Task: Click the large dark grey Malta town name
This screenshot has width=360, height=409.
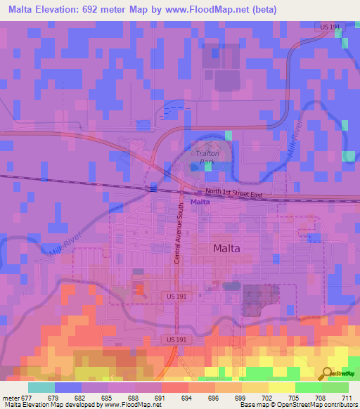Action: coord(227,248)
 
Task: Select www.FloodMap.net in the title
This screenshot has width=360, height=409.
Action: coord(198,10)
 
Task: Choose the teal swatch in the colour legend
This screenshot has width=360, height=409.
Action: coord(41,387)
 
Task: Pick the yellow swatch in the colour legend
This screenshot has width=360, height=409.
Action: coord(281,387)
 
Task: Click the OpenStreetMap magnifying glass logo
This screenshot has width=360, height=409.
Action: coord(327,373)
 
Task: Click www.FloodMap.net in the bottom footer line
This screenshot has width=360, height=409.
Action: coord(132,405)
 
